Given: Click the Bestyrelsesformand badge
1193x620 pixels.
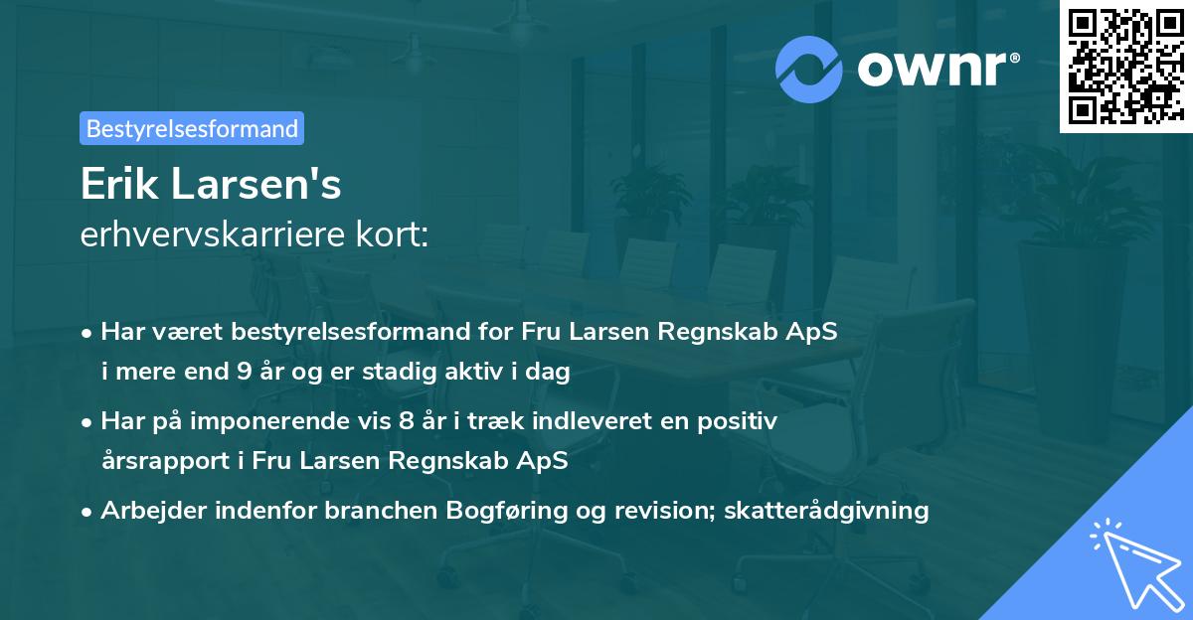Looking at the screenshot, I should tap(192, 128).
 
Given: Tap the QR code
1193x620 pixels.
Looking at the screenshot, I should tap(1126, 67).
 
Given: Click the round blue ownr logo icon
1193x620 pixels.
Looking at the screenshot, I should tap(809, 68).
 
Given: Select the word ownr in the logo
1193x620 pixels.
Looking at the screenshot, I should tap(932, 68).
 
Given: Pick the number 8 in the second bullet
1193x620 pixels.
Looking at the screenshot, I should tap(404, 421).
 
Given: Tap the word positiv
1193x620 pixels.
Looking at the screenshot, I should tap(743, 421).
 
